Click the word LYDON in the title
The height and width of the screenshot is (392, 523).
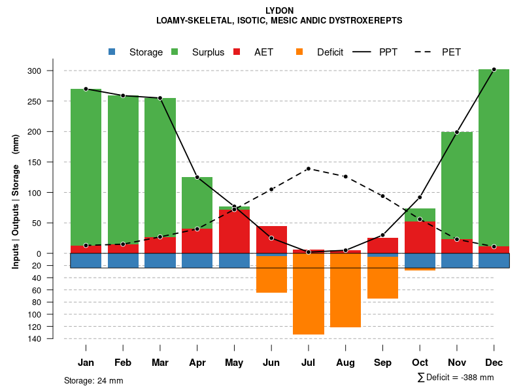280,10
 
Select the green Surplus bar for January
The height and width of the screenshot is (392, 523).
86,167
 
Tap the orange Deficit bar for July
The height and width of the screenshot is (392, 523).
309,294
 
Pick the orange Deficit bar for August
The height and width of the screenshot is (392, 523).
345,290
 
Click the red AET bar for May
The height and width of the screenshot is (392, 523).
234,232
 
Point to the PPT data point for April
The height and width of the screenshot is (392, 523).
197,177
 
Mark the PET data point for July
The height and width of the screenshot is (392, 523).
308,169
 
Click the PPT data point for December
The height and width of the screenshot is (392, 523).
494,69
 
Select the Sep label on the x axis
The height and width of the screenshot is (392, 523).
382,363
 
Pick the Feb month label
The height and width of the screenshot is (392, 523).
123,363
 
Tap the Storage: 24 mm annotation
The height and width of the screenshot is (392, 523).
93,380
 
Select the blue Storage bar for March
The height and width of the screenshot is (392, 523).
160,261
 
